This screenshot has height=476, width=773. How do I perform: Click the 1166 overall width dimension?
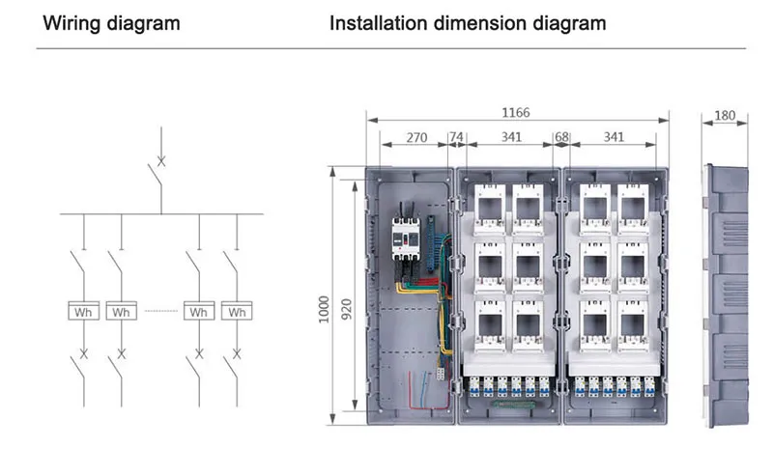[516, 113]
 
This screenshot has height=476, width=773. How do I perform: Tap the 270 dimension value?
[416, 137]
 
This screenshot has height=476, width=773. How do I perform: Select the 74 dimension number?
[456, 136]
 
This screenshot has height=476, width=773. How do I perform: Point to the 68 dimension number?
[561, 137]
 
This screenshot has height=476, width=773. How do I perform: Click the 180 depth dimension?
[725, 115]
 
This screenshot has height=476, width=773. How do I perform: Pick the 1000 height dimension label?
[324, 310]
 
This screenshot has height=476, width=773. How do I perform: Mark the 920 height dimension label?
[347, 309]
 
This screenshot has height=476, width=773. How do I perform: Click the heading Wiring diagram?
[111, 23]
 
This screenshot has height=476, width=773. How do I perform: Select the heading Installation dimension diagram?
[468, 23]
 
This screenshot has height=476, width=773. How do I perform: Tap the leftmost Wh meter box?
[83, 311]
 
